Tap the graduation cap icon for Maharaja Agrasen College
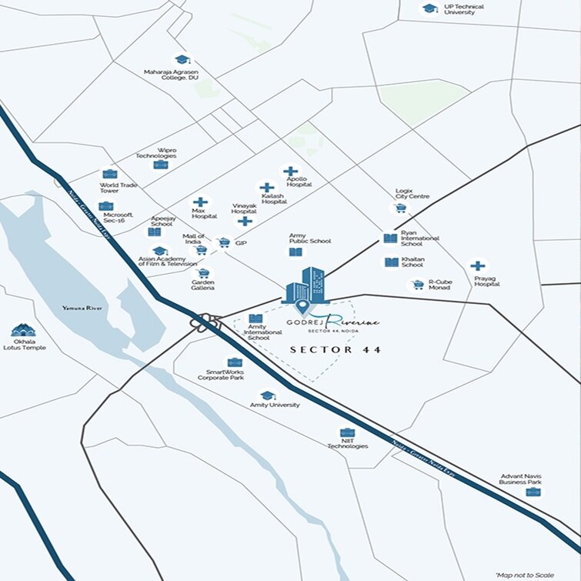[x=182, y=59]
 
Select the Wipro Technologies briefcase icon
[x=160, y=165]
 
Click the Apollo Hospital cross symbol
[x=290, y=172]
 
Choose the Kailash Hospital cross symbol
[x=266, y=188]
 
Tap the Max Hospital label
[x=205, y=215]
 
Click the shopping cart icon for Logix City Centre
[x=400, y=208]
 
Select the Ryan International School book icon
[x=391, y=239]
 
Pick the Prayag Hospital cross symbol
[x=478, y=266]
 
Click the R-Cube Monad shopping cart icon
[x=418, y=285]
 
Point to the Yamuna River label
[x=82, y=308]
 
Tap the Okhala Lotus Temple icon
[x=23, y=331]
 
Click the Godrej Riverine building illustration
[x=306, y=286]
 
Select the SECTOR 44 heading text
[x=336, y=349]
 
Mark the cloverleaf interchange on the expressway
[x=205, y=323]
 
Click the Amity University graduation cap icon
[x=267, y=396]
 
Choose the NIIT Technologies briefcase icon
[x=347, y=433]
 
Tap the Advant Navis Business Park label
[x=520, y=479]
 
